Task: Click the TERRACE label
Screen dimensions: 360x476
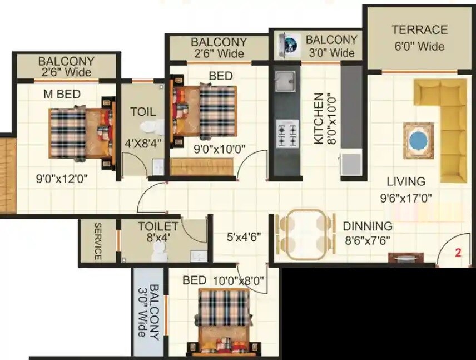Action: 419,30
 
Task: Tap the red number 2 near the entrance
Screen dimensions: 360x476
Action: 458,252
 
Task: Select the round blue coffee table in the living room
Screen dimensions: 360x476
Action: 418,141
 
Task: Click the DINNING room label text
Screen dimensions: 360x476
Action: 368,226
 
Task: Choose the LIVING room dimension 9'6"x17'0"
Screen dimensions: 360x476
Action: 406,197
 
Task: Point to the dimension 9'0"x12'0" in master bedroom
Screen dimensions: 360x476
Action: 62,179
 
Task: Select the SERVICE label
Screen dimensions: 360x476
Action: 97,241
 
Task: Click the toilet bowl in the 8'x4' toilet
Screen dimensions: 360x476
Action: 159,253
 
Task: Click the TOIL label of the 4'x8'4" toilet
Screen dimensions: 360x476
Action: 143,112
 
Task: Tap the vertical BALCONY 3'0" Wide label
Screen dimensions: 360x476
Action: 147,312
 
